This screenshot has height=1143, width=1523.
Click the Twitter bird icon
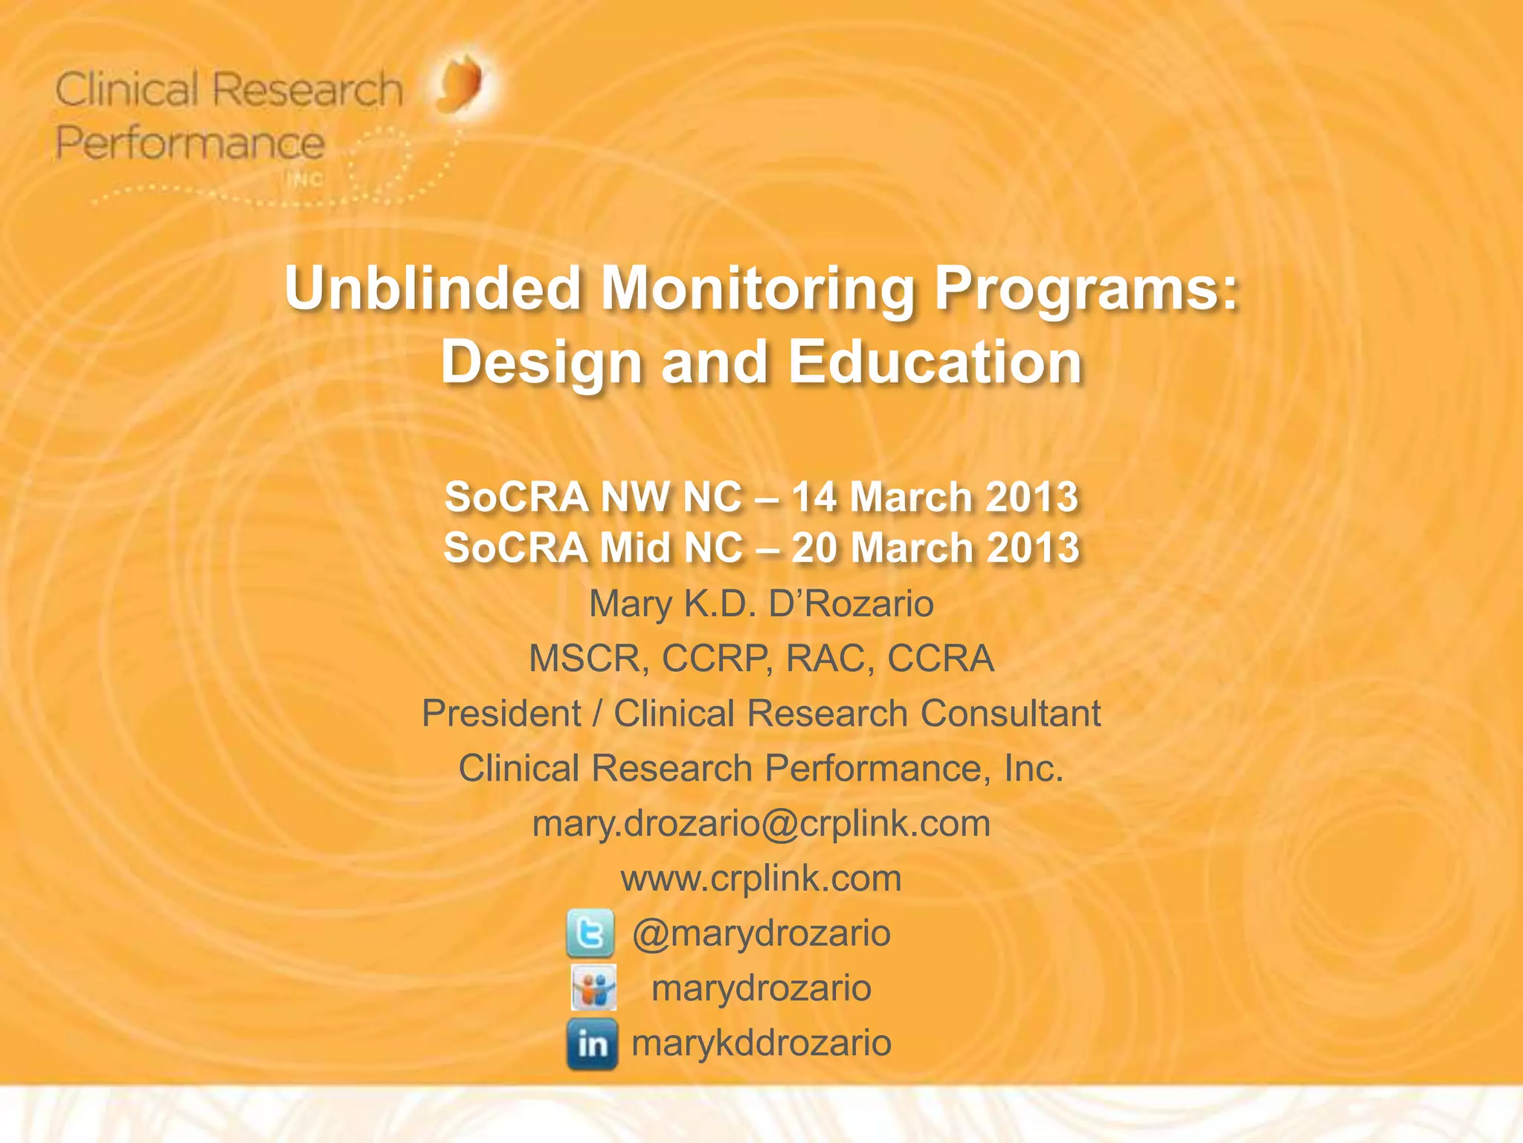[590, 933]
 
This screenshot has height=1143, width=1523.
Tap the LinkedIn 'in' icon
[592, 1044]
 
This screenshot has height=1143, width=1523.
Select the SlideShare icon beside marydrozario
[593, 988]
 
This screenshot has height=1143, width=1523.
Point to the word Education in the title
[935, 362]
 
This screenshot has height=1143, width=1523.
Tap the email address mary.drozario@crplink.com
[761, 824]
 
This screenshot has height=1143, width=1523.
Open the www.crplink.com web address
[761, 879]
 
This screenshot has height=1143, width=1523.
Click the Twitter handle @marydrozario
[761, 933]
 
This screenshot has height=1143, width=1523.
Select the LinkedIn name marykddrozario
[761, 1043]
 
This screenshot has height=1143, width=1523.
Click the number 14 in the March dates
[814, 497]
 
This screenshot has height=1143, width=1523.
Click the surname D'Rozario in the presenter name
[851, 603]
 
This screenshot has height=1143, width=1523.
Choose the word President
[501, 714]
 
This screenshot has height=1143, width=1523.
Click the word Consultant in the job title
[1011, 714]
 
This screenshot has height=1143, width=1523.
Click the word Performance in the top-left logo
[190, 143]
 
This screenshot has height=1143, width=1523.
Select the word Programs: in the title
[1086, 289]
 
